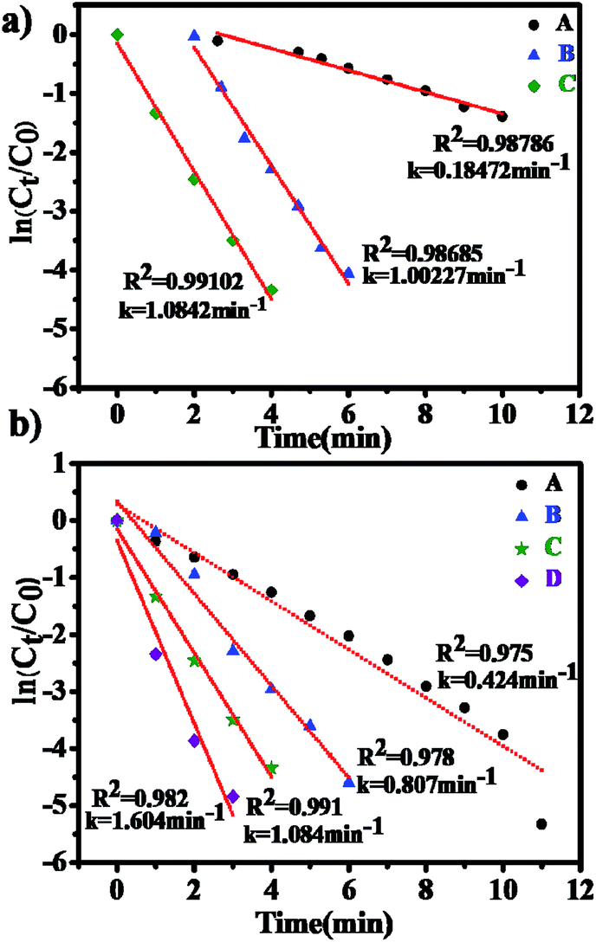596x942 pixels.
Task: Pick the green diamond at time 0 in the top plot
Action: (x=117, y=35)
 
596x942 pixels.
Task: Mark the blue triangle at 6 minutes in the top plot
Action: (x=348, y=272)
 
